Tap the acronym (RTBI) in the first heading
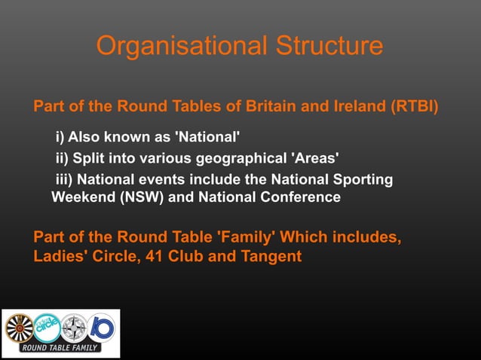(x=414, y=106)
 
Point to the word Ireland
(x=358, y=106)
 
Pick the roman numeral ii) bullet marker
(x=63, y=159)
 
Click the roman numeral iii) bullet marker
(x=65, y=180)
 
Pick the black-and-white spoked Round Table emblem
(x=20, y=328)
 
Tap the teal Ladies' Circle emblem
(x=46, y=327)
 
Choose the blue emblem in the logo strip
(x=101, y=327)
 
